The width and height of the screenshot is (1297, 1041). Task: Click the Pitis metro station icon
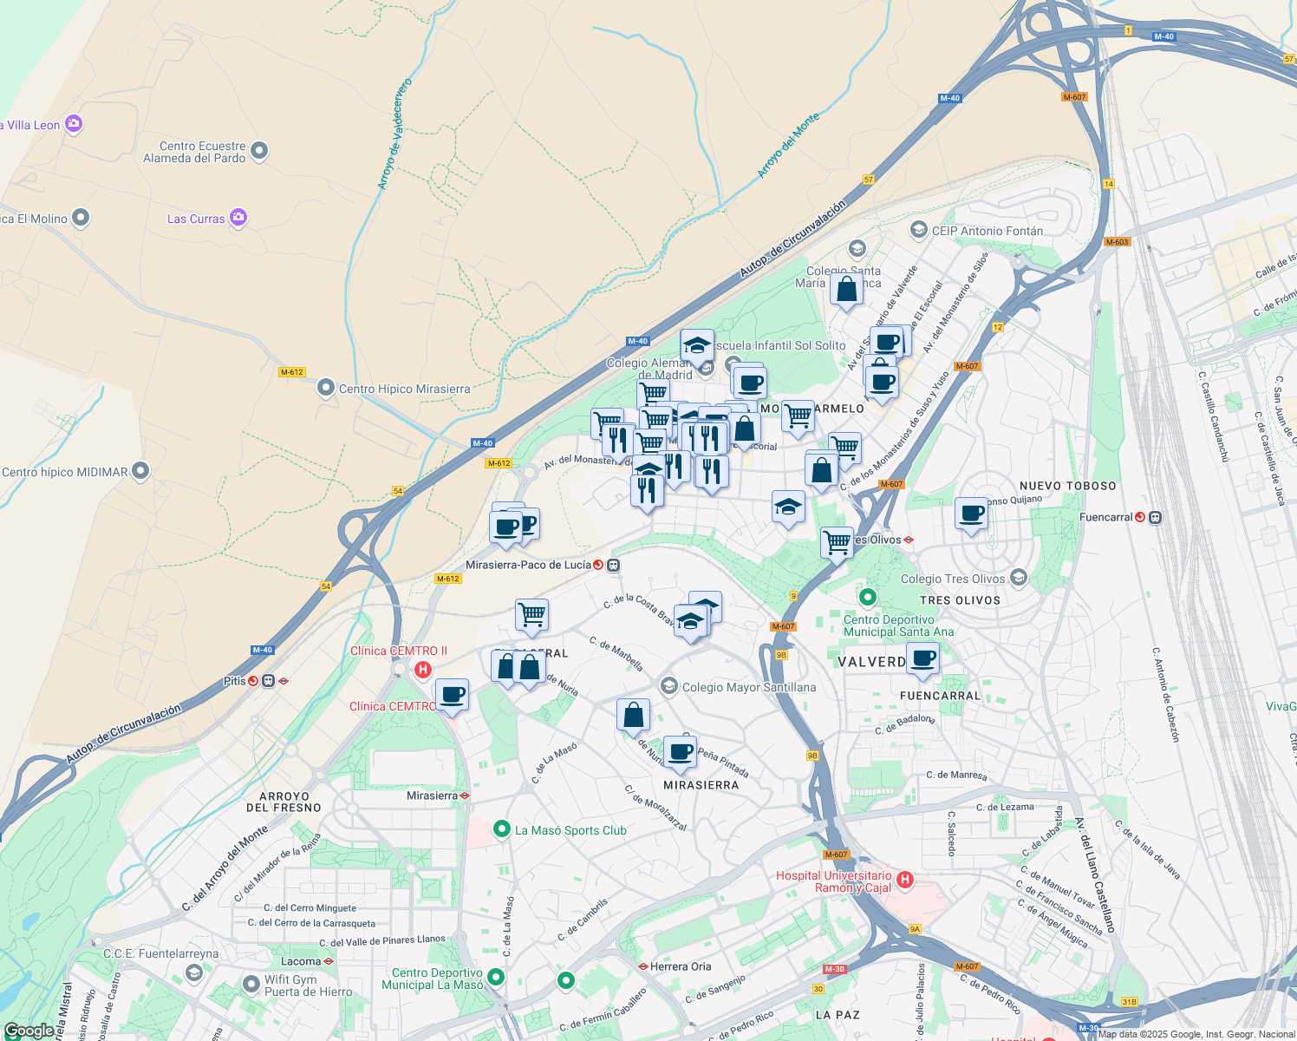[253, 681]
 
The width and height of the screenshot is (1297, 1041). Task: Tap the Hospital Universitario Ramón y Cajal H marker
[905, 881]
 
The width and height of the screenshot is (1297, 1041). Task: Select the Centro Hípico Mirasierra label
[404, 389]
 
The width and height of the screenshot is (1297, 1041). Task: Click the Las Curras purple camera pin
[238, 218]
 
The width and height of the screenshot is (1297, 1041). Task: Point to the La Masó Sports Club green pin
[501, 830]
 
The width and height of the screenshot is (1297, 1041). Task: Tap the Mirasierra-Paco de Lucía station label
[528, 565]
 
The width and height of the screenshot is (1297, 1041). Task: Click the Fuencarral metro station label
[1105, 517]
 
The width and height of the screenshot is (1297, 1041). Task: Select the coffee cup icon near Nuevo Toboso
[972, 513]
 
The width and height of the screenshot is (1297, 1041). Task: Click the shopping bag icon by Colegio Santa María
[846, 289]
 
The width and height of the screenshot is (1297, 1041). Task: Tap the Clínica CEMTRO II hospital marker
[423, 670]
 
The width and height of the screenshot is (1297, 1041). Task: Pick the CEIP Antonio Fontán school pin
[919, 230]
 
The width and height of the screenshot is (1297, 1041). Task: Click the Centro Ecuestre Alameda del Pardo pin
[258, 152]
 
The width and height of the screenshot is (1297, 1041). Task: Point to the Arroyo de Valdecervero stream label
[394, 134]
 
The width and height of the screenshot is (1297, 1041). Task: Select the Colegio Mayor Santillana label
[749, 687]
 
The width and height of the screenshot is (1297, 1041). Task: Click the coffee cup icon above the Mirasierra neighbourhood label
[681, 751]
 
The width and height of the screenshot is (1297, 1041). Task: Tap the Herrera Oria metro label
[681, 966]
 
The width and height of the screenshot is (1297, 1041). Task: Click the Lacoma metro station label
[301, 961]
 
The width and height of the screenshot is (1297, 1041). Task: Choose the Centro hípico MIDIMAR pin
[140, 471]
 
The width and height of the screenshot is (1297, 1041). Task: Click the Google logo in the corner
[29, 1031]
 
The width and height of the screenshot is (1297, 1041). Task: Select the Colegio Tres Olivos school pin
[1019, 577]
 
